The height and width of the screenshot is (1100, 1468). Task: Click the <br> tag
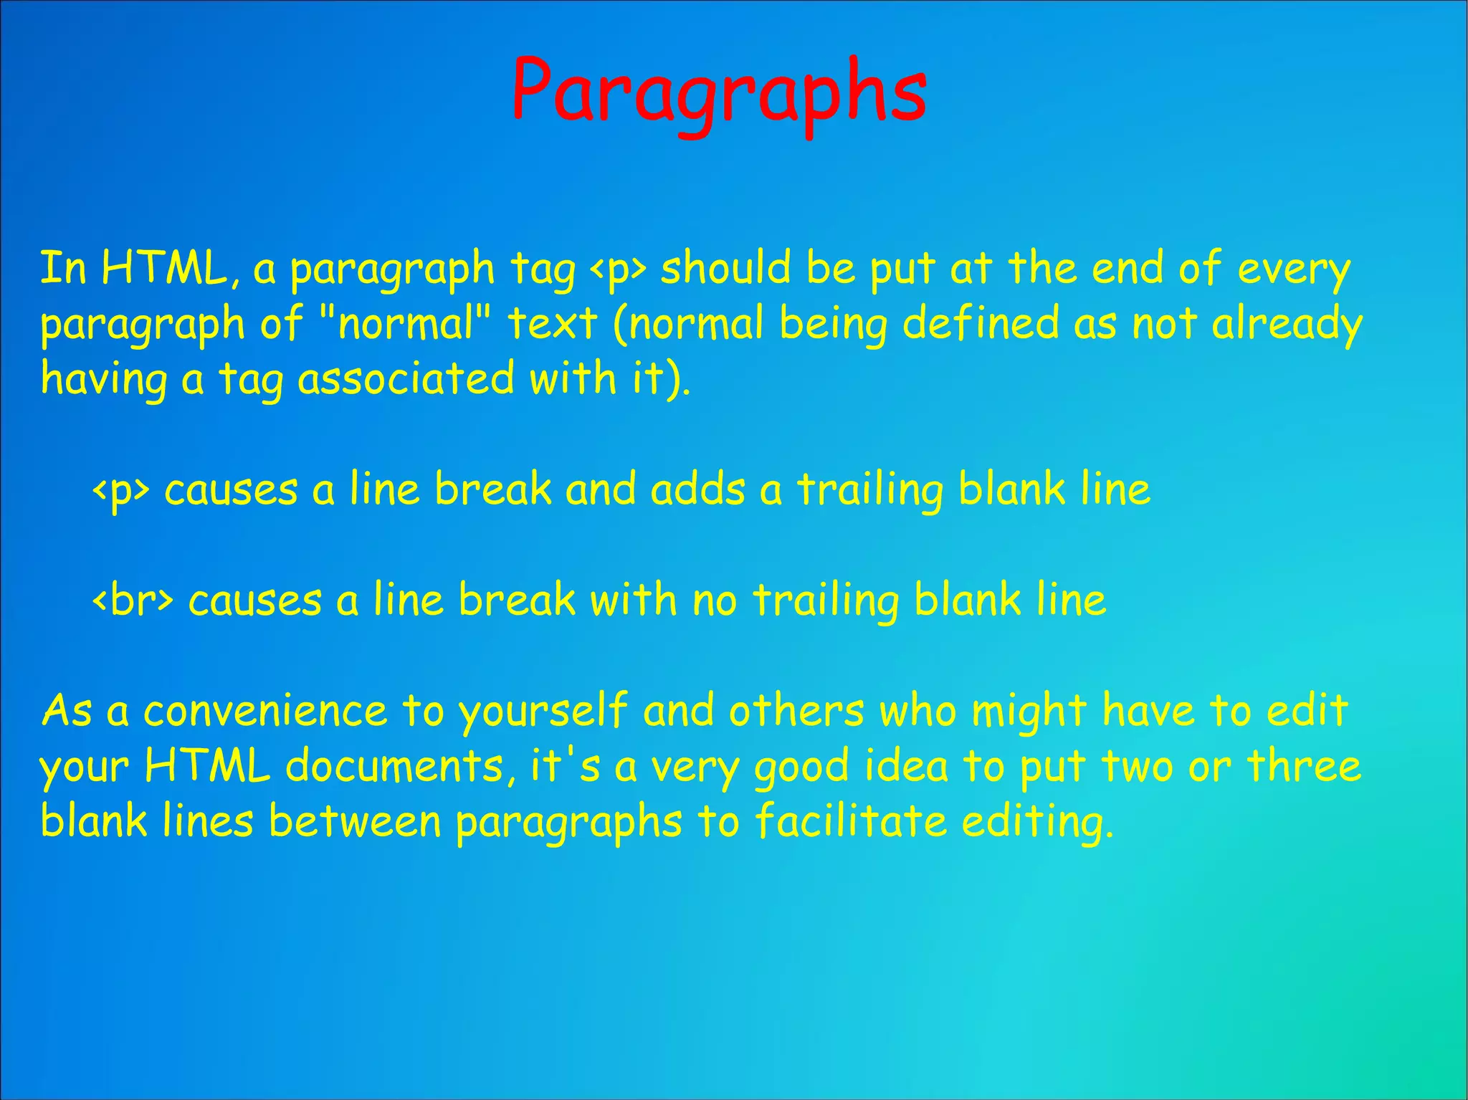point(133,601)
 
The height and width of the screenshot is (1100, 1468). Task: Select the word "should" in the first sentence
point(725,268)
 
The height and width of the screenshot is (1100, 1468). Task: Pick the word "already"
point(1287,324)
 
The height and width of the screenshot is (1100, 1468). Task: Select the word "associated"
point(406,378)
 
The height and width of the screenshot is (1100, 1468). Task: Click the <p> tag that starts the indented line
point(121,491)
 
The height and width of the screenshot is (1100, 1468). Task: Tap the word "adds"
point(697,489)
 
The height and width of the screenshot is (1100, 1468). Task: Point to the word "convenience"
point(265,711)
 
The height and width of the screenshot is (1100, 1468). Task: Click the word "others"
point(796,711)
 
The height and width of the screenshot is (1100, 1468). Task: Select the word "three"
point(1304,765)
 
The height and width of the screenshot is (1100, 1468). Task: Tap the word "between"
point(355,821)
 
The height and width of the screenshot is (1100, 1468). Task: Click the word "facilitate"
point(852,821)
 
